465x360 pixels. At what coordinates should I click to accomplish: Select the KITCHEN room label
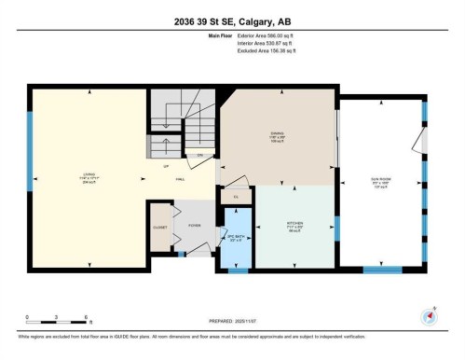pyautogui.click(x=295, y=224)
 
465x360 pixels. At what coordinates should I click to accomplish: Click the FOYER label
pyautogui.click(x=194, y=224)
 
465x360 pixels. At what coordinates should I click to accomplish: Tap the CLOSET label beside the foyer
pyautogui.click(x=160, y=227)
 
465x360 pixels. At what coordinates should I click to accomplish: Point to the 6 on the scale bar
pyautogui.click(x=87, y=317)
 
